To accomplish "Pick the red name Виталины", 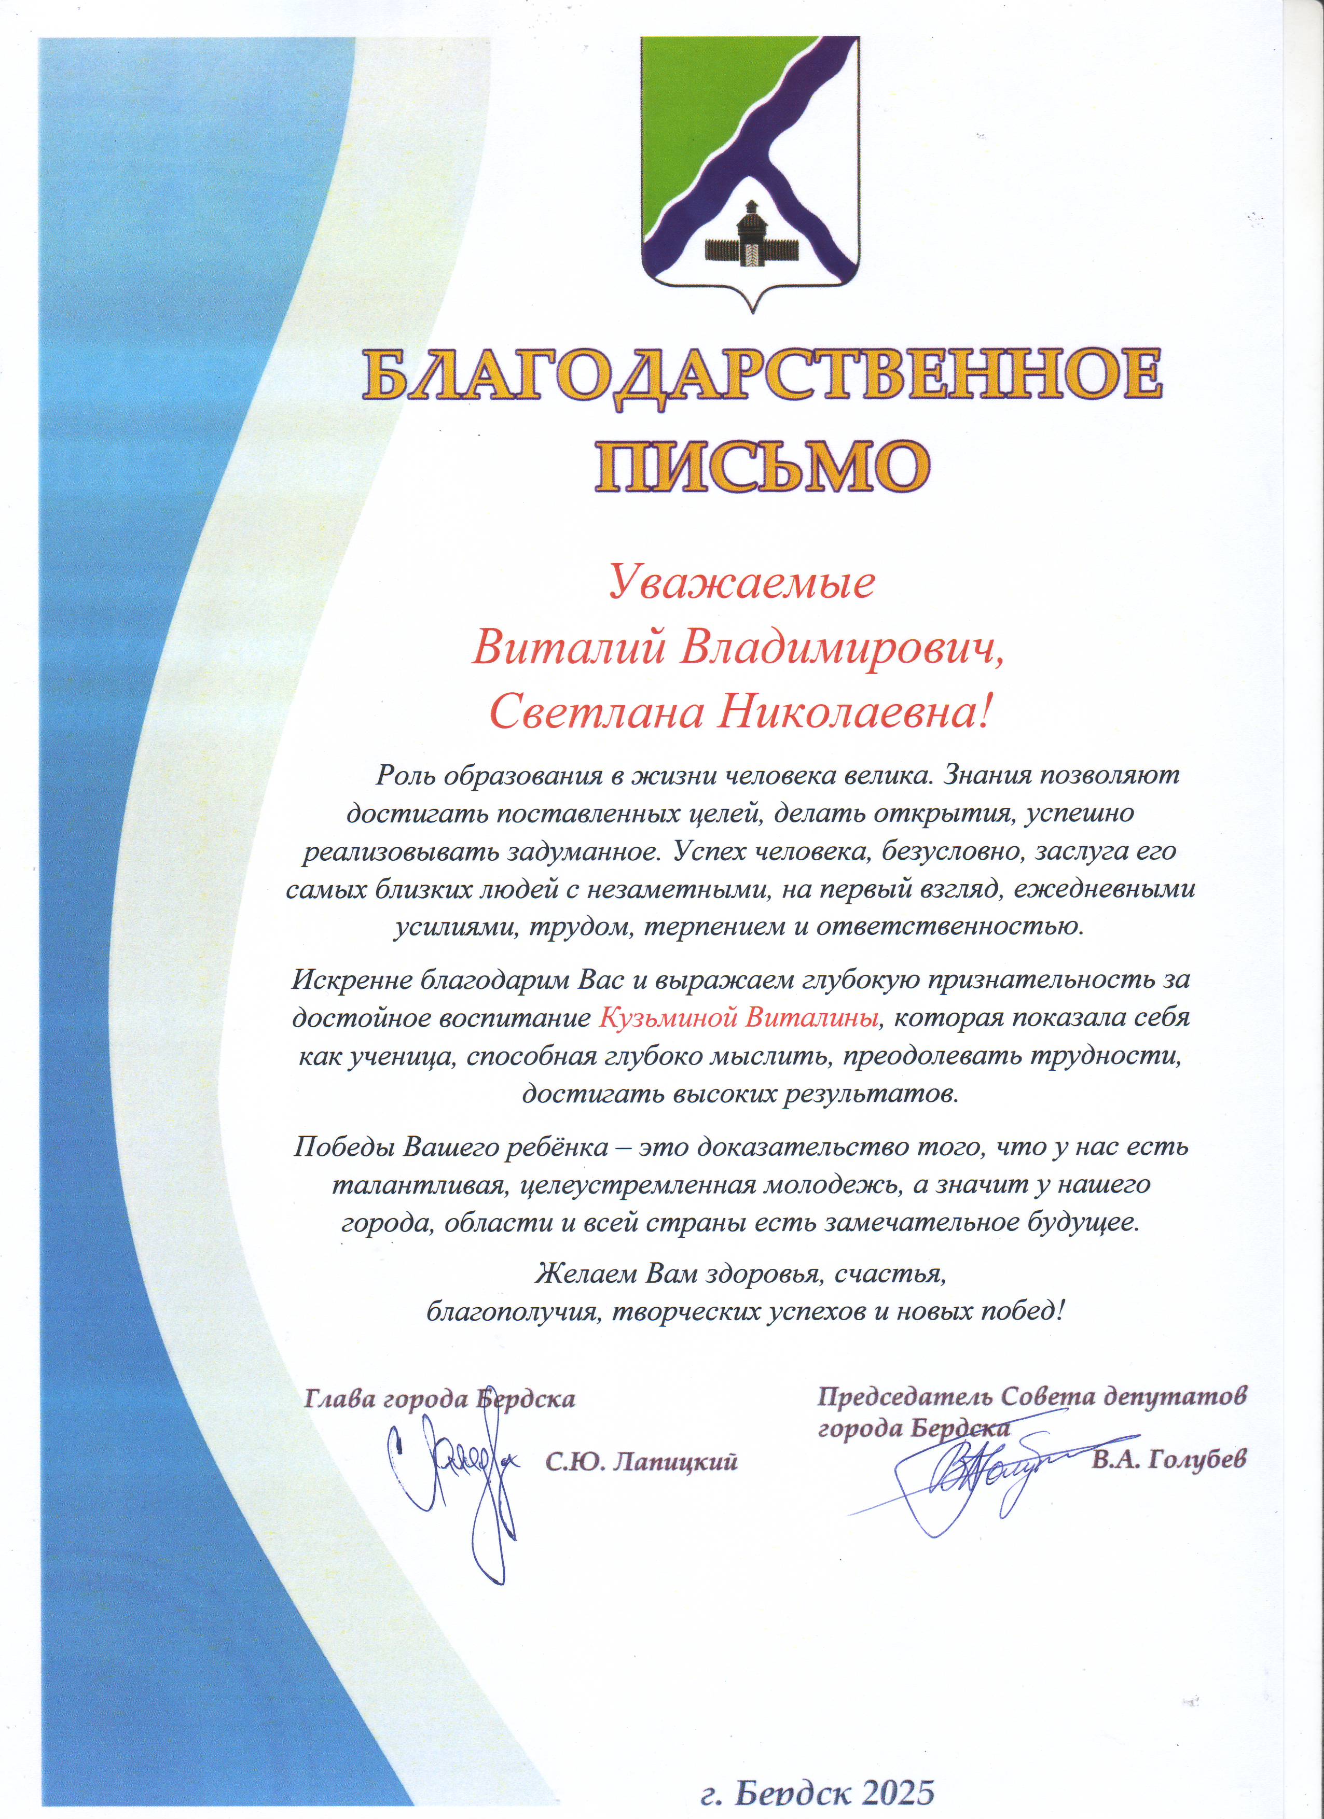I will tap(812, 1018).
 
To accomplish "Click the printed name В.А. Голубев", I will tap(1168, 1459).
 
